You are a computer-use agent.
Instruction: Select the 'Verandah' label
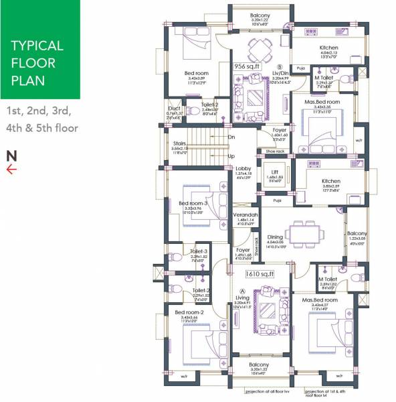tap(245, 214)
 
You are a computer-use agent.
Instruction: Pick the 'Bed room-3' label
tap(193, 204)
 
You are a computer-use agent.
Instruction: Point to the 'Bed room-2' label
tap(189, 312)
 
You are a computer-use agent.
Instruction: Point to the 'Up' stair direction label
tap(231, 155)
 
